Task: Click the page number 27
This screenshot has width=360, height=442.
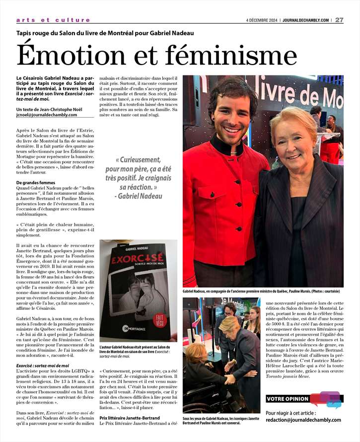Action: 340,20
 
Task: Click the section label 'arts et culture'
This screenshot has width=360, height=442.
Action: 53,20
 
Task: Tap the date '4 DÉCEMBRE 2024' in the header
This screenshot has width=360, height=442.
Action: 262,20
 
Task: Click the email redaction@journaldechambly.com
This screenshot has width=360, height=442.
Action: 303,420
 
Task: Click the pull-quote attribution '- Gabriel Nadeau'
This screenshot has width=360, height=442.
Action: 138,196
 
